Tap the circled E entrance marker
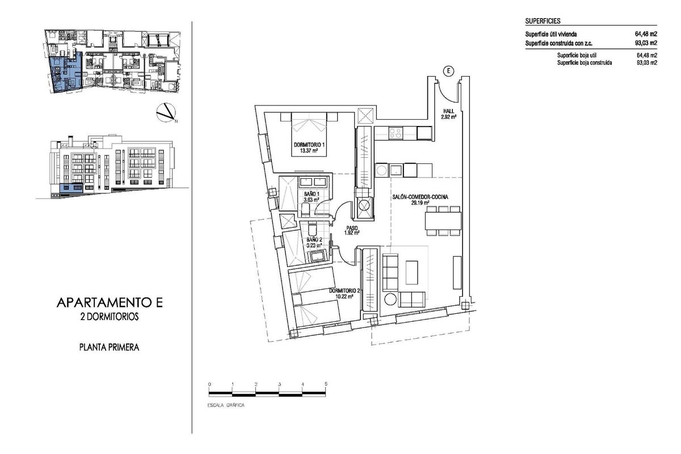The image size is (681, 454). click(448, 71)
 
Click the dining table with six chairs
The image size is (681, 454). click(443, 221)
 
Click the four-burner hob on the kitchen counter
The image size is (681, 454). click(395, 133)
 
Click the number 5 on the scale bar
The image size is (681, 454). click(326, 384)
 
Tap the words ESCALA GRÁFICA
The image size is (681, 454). click(230, 406)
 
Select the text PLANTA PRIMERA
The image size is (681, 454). click(110, 346)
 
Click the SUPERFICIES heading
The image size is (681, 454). click(543, 21)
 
